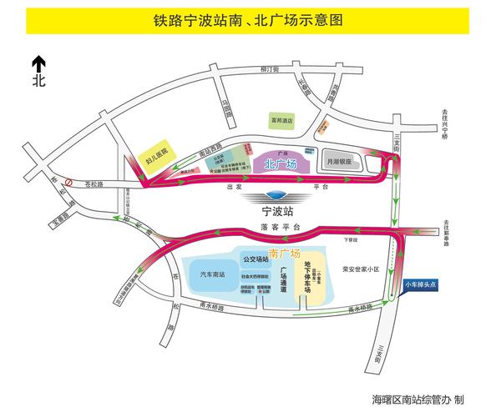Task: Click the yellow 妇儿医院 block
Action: click(156, 155)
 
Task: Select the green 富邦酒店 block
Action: click(280, 123)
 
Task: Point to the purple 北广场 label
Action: click(281, 164)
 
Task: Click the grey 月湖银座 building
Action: click(340, 160)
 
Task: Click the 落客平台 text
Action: click(279, 227)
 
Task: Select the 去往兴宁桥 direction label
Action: click(457, 125)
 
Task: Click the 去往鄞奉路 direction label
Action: click(458, 229)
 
